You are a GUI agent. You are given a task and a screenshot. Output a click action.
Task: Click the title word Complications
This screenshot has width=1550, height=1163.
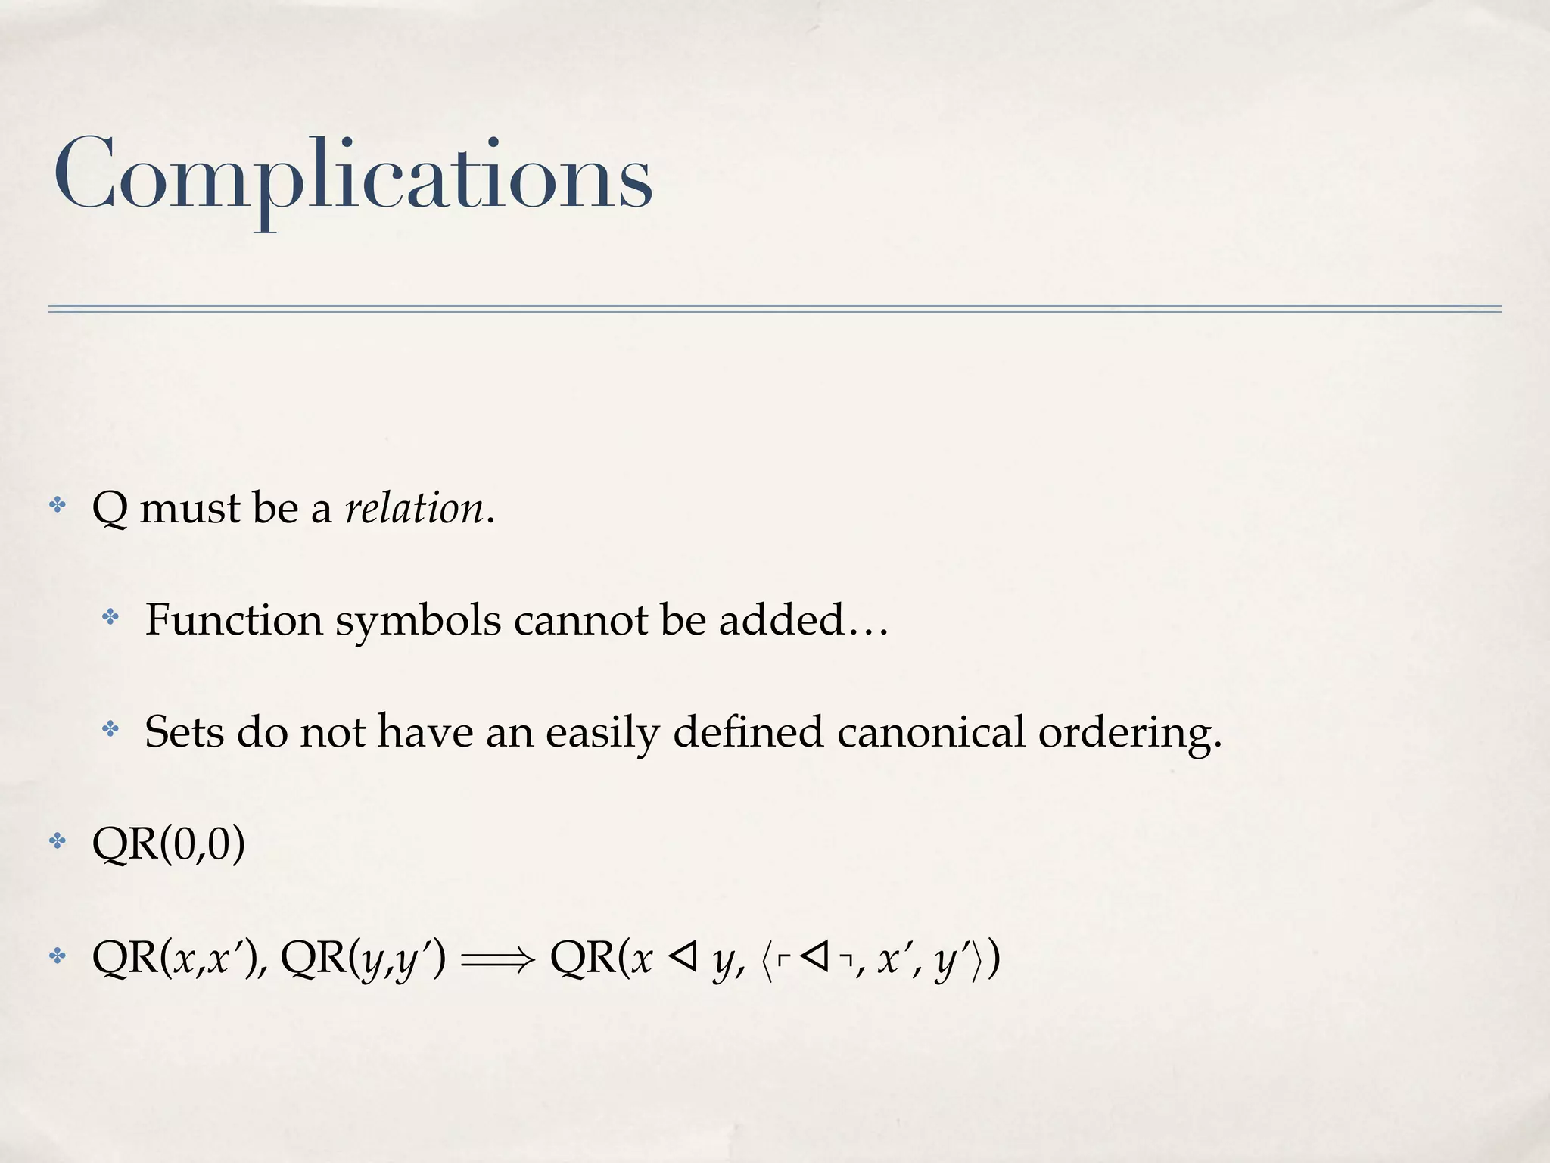[353, 176]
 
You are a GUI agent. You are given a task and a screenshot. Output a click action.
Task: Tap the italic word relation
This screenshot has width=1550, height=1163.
[414, 508]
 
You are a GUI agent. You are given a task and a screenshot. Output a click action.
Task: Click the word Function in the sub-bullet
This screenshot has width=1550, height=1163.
[234, 620]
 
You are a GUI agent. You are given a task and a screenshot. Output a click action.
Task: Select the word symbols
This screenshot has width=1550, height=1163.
[419, 622]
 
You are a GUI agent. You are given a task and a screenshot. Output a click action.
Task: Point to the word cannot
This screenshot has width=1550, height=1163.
[580, 620]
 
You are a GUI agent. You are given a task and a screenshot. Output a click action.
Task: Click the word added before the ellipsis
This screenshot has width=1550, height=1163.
[781, 620]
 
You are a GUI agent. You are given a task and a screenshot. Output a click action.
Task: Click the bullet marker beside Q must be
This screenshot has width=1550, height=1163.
[58, 505]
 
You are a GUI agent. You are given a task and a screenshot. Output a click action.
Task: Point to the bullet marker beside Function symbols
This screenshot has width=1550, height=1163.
[110, 617]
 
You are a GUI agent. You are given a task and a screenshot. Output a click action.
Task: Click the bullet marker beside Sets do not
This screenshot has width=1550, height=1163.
[110, 729]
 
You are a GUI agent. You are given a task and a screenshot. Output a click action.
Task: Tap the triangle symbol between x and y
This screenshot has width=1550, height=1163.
[683, 958]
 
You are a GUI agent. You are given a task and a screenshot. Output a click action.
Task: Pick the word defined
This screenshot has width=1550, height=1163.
[748, 732]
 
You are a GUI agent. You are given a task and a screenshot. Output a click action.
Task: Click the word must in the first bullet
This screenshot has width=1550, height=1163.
[189, 508]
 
